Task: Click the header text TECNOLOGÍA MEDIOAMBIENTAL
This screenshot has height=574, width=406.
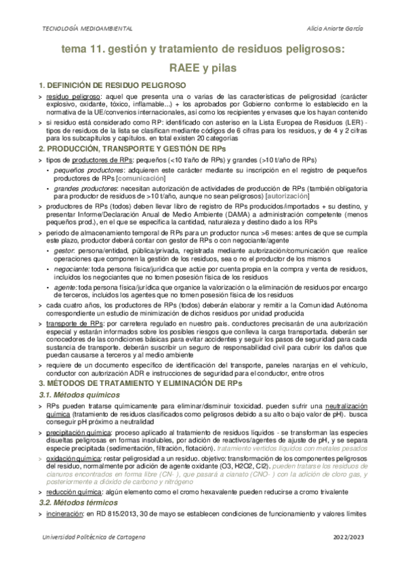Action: click(x=87, y=28)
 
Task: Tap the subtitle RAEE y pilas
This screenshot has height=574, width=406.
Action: click(x=203, y=68)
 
